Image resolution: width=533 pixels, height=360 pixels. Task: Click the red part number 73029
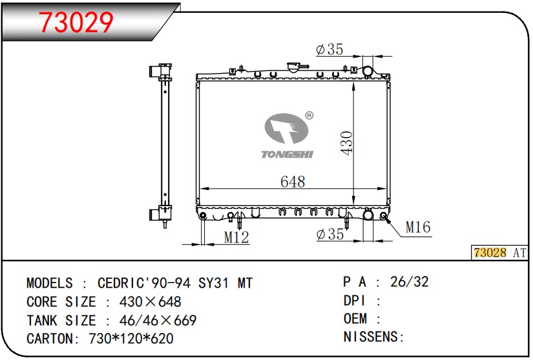(76, 23)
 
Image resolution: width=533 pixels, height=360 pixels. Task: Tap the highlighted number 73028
(490, 253)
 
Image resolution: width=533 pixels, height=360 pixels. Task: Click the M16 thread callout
(418, 227)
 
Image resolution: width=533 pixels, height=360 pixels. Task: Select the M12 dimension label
(236, 237)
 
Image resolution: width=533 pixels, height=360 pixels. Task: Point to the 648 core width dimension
(293, 182)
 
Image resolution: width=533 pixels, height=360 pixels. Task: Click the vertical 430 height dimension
(346, 143)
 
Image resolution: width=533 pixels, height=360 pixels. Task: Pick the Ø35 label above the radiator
(329, 50)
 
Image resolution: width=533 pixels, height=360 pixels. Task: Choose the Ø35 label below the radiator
(330, 234)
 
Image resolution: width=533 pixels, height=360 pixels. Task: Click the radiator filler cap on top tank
(293, 67)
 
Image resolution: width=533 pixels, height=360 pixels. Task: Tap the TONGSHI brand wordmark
(287, 154)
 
